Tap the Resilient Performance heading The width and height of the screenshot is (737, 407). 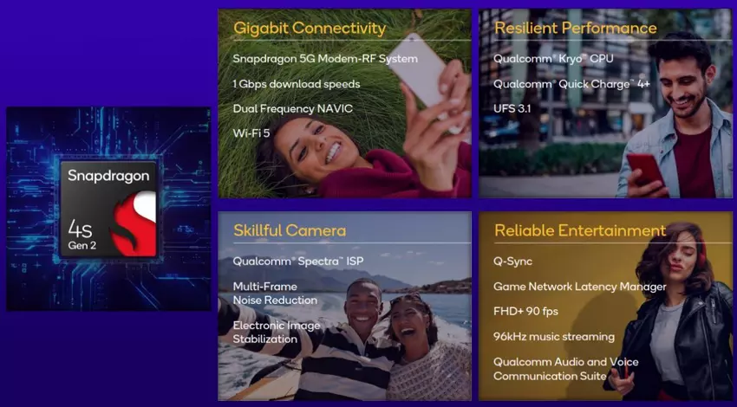tap(575, 28)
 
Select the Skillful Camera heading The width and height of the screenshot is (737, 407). tap(289, 230)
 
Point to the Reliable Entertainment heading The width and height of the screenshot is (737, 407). tap(579, 230)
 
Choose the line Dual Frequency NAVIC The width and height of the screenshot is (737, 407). tap(292, 109)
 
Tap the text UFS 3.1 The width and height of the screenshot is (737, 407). tap(512, 109)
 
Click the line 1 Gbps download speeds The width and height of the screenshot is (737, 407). tap(296, 84)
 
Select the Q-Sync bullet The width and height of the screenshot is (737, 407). tap(512, 262)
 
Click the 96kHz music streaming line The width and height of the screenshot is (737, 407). tap(553, 337)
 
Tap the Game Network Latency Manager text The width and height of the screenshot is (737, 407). tap(579, 287)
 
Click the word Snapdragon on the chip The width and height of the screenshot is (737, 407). tap(108, 176)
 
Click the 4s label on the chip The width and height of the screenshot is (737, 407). tap(81, 227)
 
